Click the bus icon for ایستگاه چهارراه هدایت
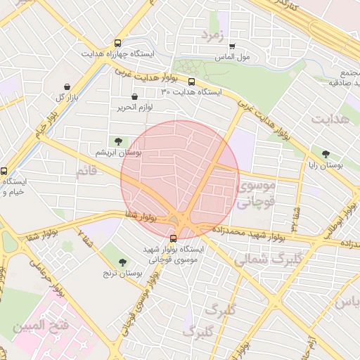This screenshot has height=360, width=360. click(x=117, y=42)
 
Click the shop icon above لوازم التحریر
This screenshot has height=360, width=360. click(x=134, y=96)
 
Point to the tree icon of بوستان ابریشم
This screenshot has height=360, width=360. click(x=117, y=141)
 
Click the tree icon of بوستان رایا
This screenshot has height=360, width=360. click(x=325, y=154)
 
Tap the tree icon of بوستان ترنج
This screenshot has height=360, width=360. click(x=124, y=262)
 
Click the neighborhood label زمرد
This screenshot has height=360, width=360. click(x=212, y=34)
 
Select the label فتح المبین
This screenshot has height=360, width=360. click(x=39, y=326)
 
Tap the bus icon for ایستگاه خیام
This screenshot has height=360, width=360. click(x=4, y=171)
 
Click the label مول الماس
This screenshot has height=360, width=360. click(x=231, y=58)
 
